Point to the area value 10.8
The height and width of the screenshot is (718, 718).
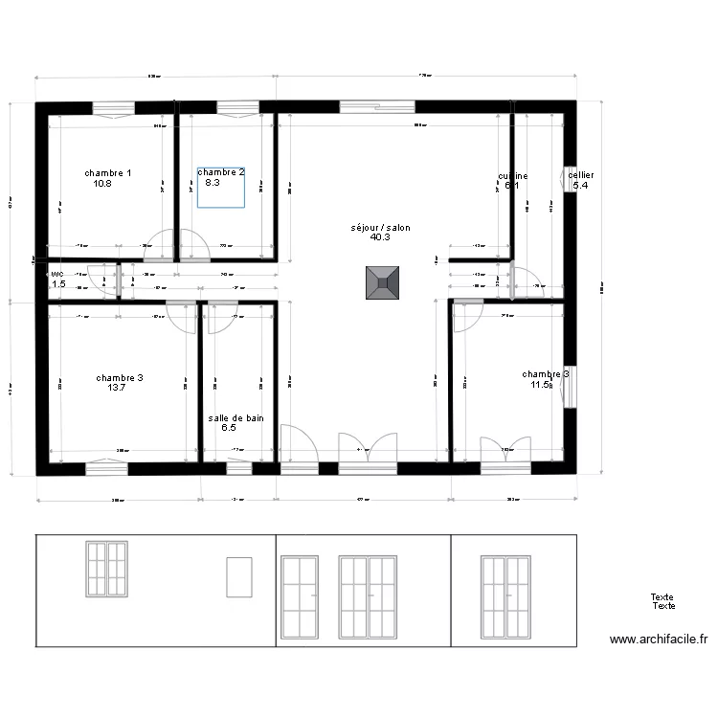(x=103, y=183)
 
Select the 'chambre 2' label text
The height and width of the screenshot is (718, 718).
(x=221, y=172)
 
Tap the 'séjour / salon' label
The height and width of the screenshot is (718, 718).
(x=380, y=228)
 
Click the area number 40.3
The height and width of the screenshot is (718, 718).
(x=380, y=237)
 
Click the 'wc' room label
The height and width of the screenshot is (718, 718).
(x=56, y=274)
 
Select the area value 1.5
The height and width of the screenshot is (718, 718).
(x=58, y=284)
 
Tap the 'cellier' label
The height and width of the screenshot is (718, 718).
(x=581, y=176)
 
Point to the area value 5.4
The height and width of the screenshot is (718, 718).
(x=580, y=186)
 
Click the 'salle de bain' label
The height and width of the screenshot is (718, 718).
(x=236, y=418)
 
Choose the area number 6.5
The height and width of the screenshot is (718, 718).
(x=229, y=428)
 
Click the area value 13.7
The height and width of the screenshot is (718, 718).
(x=117, y=388)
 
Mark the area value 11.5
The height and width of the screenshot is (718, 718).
(x=541, y=384)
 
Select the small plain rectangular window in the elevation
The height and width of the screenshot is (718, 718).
(x=238, y=579)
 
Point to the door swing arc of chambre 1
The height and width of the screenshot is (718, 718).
(x=164, y=244)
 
